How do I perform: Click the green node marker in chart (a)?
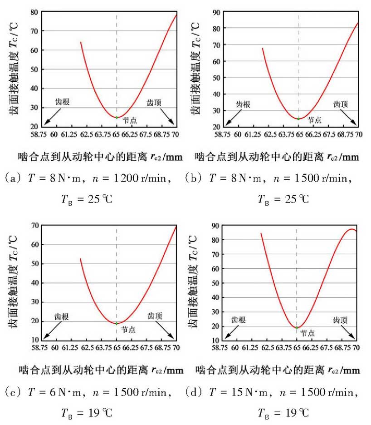(117, 117)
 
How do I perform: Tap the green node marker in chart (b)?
(298, 119)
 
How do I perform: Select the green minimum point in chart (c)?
(117, 323)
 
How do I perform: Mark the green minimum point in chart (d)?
(297, 327)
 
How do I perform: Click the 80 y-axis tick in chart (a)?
(33, 12)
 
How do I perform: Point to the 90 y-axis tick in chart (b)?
(215, 12)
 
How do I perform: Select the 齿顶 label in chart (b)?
(341, 104)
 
